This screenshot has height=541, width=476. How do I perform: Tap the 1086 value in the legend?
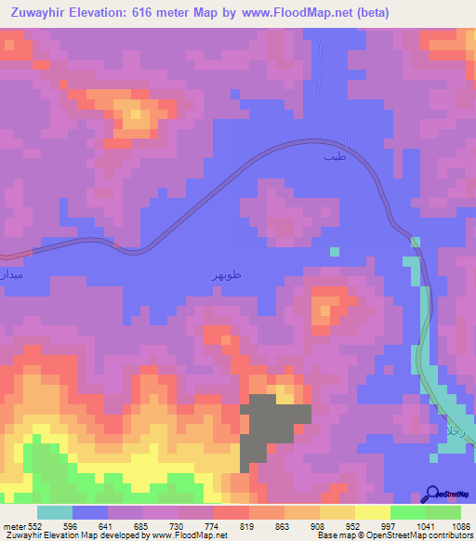tap(456, 525)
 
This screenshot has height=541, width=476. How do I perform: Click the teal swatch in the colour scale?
tap(55, 512)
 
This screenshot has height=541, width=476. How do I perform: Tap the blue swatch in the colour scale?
tap(90, 512)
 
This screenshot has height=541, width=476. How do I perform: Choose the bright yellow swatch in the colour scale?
tap(373, 512)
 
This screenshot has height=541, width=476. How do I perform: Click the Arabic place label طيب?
tap(333, 157)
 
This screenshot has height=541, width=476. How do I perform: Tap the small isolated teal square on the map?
tap(335, 251)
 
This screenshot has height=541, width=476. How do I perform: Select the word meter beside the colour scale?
tap(15, 525)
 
